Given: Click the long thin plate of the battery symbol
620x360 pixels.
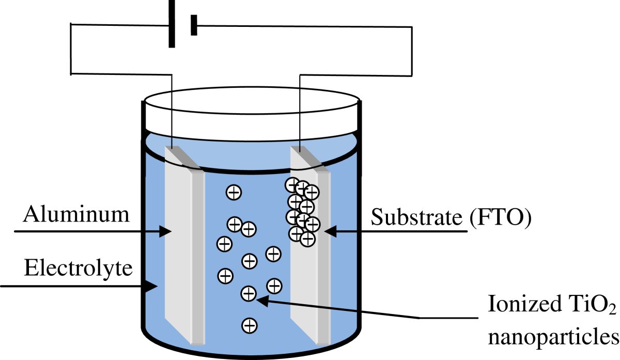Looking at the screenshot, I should tap(172, 24).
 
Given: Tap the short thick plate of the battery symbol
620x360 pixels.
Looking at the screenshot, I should tap(194, 25).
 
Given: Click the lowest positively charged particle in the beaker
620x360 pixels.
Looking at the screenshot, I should tap(250, 325).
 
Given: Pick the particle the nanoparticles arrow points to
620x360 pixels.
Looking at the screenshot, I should tap(249, 294).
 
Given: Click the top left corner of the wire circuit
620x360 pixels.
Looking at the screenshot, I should tap(71, 24).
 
